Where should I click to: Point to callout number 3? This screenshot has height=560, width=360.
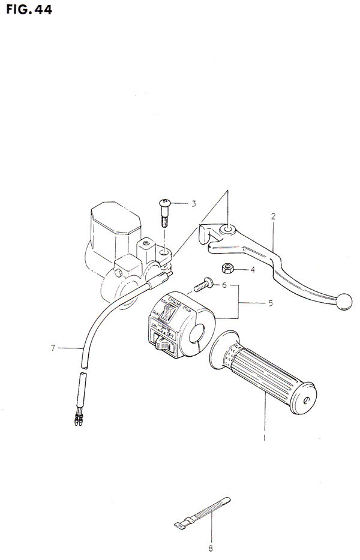(x=194, y=203)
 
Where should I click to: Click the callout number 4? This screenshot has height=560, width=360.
(x=253, y=269)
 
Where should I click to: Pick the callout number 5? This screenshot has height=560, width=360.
(x=270, y=303)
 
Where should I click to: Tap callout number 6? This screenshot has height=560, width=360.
(x=225, y=285)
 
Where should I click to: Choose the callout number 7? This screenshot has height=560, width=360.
(x=53, y=348)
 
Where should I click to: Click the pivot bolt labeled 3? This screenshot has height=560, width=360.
(x=164, y=212)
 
